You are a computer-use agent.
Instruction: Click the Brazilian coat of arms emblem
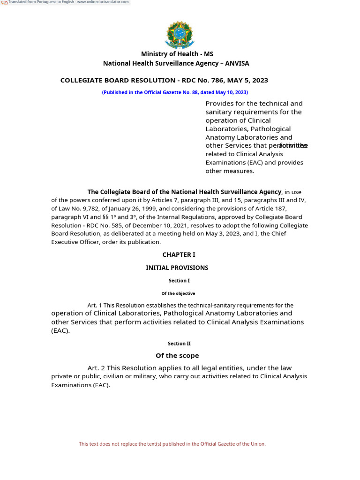[x=179, y=34]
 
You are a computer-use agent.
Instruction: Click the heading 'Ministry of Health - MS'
[x=177, y=54]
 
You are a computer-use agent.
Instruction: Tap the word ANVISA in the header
[x=237, y=63]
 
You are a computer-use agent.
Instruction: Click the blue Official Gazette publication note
[x=175, y=92]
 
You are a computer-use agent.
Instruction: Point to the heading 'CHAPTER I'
[x=179, y=255]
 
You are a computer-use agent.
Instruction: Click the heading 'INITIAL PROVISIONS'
[x=177, y=268]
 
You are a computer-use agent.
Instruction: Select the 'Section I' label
[x=179, y=281]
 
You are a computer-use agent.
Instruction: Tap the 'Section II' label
[x=179, y=344]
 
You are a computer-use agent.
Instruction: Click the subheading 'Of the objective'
[x=178, y=293]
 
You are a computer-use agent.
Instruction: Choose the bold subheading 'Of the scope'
[x=177, y=355]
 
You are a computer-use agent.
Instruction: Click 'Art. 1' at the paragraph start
[x=94, y=305]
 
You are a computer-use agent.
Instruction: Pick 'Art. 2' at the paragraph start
[x=96, y=368]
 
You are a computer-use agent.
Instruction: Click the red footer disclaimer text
[x=172, y=444]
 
